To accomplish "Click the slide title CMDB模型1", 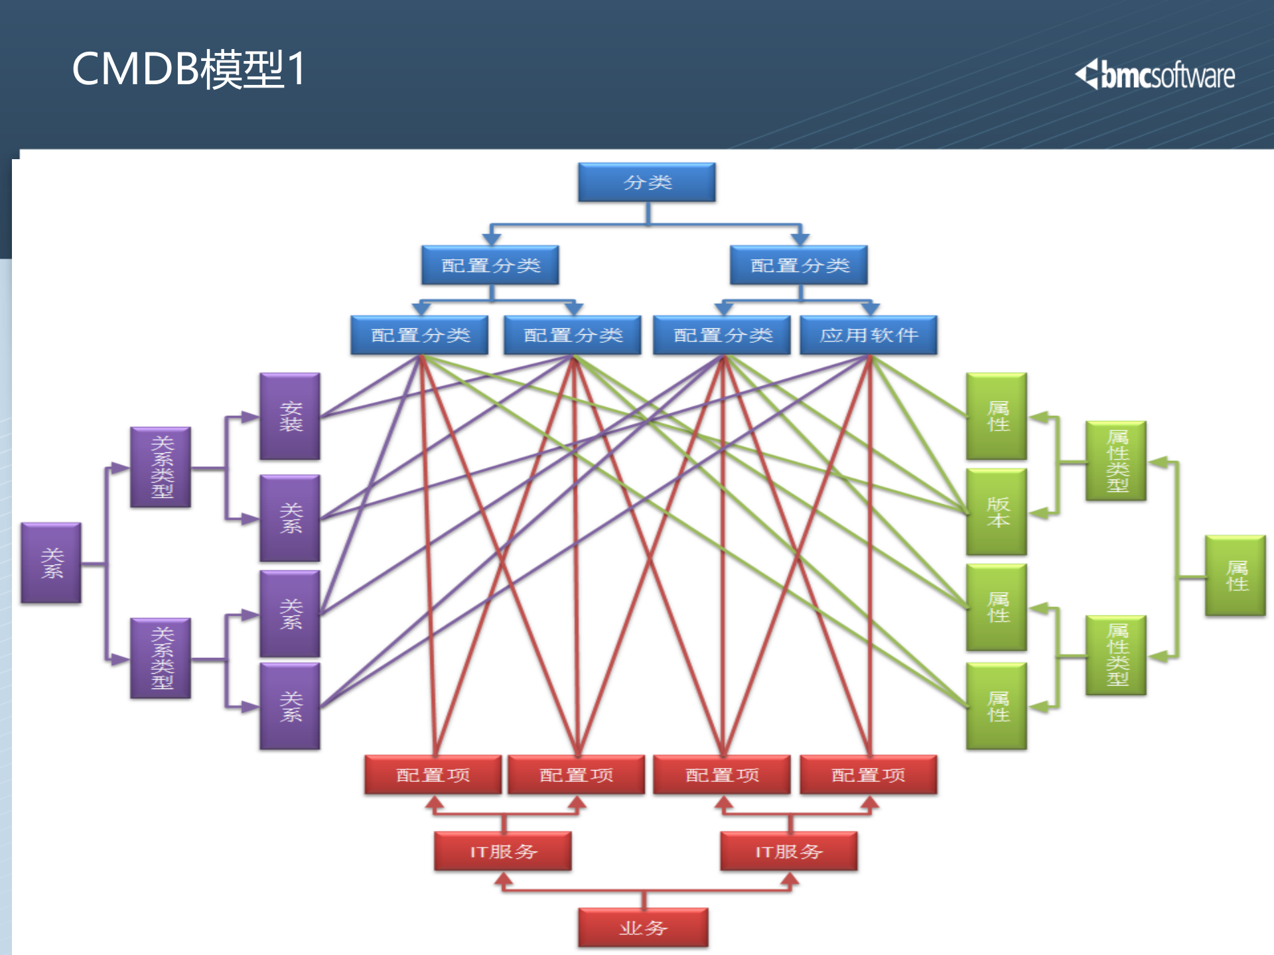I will click(188, 69).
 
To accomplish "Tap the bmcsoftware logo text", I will click(1168, 76).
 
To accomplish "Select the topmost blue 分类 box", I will click(647, 182).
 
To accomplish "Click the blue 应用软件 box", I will click(869, 336).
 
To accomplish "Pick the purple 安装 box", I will click(290, 416).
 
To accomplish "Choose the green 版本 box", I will click(997, 512).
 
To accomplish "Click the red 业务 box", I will click(643, 928).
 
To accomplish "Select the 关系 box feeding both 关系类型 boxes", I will click(51, 563).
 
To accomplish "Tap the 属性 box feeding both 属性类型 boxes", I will click(1236, 576).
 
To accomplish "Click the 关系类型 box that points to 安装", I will click(161, 468).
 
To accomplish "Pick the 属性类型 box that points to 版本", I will click(1116, 461).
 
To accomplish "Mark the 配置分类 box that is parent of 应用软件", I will click(799, 265).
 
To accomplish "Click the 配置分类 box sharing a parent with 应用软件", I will click(723, 336).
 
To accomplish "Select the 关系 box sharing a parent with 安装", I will click(290, 519).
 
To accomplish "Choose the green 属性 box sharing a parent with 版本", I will click(997, 416).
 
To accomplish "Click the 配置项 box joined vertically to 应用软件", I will click(869, 775).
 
